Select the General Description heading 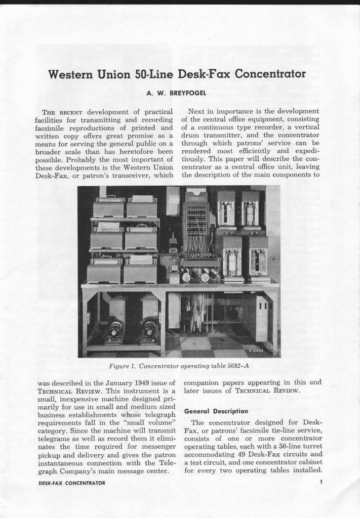click(x=216, y=411)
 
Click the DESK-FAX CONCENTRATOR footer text click(x=72, y=483)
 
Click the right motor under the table click(x=150, y=331)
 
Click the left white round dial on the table click(x=186, y=277)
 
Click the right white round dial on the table click(x=205, y=277)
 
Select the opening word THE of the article click(x=49, y=112)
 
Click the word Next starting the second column click(x=196, y=111)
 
